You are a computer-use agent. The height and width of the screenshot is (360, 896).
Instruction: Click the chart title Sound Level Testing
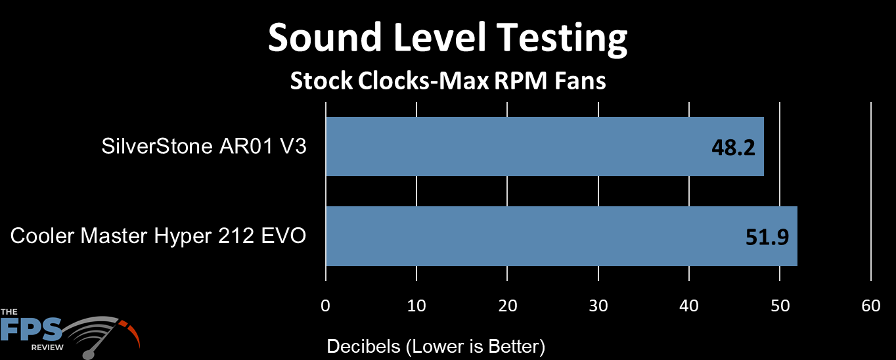(447, 39)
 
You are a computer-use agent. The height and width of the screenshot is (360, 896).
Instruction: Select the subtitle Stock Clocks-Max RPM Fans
(447, 81)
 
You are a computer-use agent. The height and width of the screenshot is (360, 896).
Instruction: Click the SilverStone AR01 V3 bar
(545, 146)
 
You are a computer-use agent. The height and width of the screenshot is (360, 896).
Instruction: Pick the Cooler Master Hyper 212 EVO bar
(562, 236)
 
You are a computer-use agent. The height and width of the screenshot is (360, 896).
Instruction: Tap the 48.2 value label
(733, 148)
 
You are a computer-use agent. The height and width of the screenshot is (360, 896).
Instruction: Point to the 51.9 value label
(767, 236)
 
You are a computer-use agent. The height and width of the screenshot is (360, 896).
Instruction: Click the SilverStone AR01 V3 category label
(204, 146)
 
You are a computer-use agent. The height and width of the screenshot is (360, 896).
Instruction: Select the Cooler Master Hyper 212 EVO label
(158, 236)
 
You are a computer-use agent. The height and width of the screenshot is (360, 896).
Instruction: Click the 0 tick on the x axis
(326, 306)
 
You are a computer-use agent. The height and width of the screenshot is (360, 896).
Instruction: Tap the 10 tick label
(416, 306)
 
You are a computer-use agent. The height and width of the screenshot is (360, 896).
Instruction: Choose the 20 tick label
(508, 306)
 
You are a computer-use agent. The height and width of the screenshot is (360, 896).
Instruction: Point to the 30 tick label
(598, 306)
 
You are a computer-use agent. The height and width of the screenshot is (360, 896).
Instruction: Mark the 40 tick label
(689, 306)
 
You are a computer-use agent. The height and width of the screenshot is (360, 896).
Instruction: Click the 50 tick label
(780, 306)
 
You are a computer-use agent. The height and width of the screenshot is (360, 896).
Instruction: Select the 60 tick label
(871, 306)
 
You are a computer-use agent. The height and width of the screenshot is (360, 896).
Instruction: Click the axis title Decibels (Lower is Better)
(436, 346)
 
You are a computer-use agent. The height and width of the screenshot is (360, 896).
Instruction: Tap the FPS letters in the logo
(31, 329)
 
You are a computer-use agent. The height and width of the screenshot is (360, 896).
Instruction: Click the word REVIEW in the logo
(47, 348)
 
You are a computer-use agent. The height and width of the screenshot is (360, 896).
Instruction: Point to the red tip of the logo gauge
(131, 331)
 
